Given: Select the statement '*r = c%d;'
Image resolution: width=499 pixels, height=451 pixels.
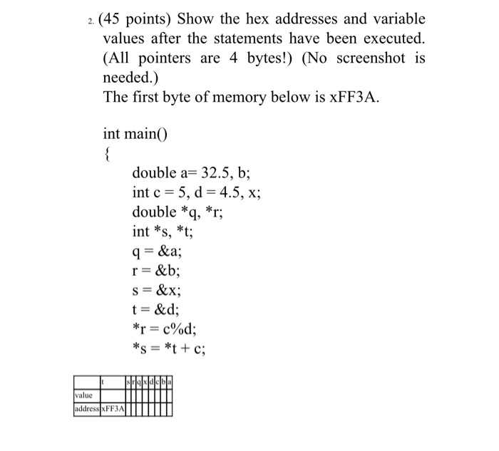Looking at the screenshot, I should (168, 328).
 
